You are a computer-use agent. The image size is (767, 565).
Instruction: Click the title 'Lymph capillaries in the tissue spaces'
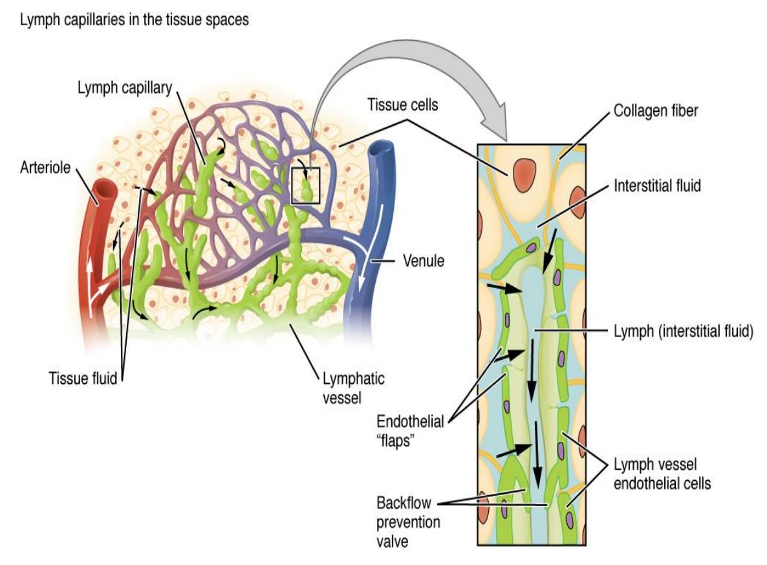click(134, 20)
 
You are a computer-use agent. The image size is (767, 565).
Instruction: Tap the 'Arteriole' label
click(45, 168)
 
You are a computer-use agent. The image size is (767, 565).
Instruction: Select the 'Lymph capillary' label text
click(125, 88)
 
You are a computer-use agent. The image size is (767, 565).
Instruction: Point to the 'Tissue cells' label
click(402, 105)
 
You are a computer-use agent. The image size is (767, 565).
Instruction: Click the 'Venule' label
click(423, 260)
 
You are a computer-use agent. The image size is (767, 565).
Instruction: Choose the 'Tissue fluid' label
click(83, 379)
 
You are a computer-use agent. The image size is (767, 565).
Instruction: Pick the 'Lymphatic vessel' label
click(353, 388)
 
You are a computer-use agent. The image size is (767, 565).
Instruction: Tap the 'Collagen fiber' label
click(656, 111)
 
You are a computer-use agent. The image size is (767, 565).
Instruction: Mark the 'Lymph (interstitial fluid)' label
click(684, 331)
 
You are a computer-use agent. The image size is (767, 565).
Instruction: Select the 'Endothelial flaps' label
click(410, 431)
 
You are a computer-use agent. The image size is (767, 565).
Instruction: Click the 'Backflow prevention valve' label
click(408, 522)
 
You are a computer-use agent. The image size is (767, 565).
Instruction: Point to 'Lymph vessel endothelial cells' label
click(662, 474)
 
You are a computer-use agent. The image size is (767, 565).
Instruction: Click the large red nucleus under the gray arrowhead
click(524, 175)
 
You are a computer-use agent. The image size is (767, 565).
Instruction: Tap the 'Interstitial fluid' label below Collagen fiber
click(657, 186)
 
